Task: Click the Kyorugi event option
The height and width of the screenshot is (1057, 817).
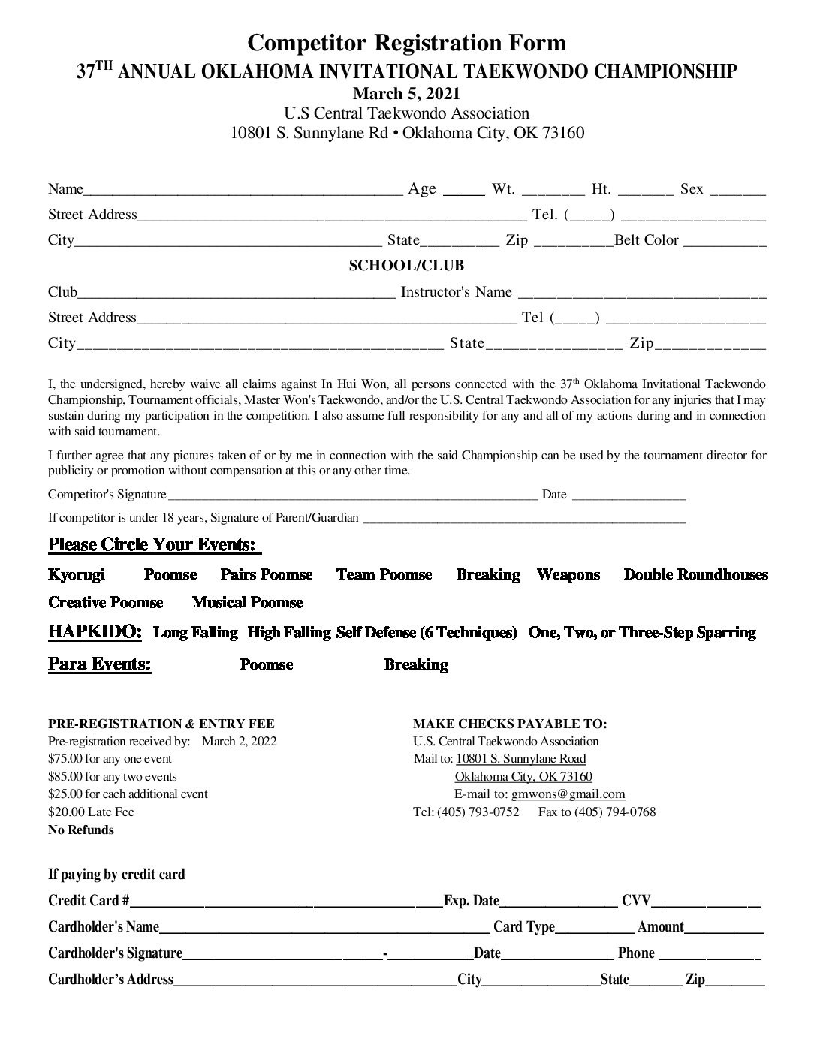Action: pyautogui.click(x=77, y=575)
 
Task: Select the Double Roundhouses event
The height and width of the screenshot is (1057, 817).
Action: pyautogui.click(x=695, y=575)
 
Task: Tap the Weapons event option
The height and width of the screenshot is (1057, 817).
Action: pyautogui.click(x=568, y=575)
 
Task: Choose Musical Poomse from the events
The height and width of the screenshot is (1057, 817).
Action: pyautogui.click(x=247, y=603)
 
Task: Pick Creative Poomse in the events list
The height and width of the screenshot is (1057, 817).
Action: pyautogui.click(x=105, y=603)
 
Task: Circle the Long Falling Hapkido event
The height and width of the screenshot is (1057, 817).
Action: pyautogui.click(x=195, y=633)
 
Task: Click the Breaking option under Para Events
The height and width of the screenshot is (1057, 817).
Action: pyautogui.click(x=416, y=665)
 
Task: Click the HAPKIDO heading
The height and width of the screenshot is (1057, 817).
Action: pyautogui.click(x=95, y=632)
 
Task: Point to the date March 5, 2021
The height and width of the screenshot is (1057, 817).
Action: pyautogui.click(x=406, y=94)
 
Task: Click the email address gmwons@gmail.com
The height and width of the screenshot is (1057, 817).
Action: pyautogui.click(x=568, y=794)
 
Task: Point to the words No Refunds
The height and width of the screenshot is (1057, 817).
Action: pyautogui.click(x=81, y=830)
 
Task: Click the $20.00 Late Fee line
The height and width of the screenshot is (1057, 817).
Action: pyautogui.click(x=91, y=812)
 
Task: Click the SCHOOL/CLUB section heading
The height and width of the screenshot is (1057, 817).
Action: pyautogui.click(x=406, y=266)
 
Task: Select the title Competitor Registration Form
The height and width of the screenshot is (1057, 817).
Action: pyautogui.click(x=406, y=42)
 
